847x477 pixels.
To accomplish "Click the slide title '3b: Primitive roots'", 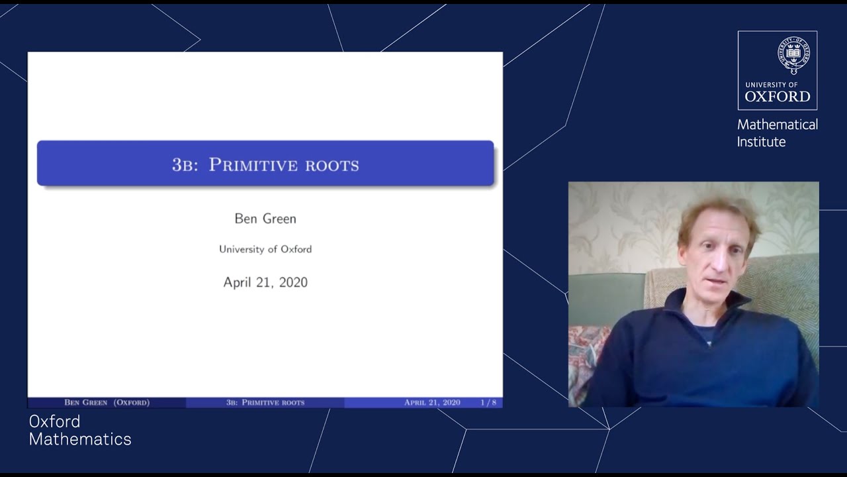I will [265, 164].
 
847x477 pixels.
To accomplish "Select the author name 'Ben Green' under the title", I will [265, 218].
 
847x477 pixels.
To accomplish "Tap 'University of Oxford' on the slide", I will [265, 249].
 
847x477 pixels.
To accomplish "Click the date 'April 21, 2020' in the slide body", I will [265, 282].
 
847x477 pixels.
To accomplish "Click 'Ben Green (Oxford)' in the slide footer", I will [107, 402].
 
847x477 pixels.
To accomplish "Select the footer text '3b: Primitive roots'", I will [265, 402].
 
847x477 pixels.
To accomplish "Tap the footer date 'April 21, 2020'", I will [432, 402].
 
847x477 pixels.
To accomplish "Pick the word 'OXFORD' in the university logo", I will [778, 97].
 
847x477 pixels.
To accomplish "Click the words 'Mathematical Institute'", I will [777, 133].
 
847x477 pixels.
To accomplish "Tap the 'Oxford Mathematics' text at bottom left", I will [80, 430].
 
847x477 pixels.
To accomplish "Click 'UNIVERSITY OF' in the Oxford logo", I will [771, 85].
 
